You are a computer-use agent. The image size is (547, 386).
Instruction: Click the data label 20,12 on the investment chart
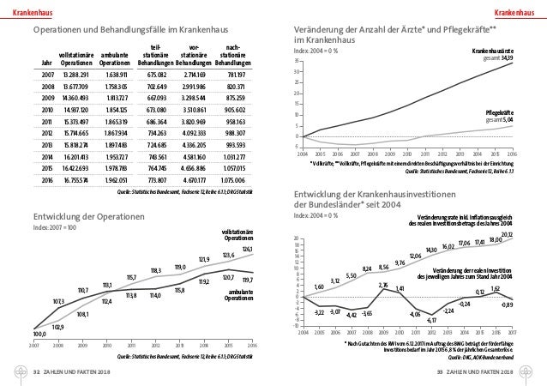click(507, 234)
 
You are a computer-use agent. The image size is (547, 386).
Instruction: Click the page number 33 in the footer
click(440, 373)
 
